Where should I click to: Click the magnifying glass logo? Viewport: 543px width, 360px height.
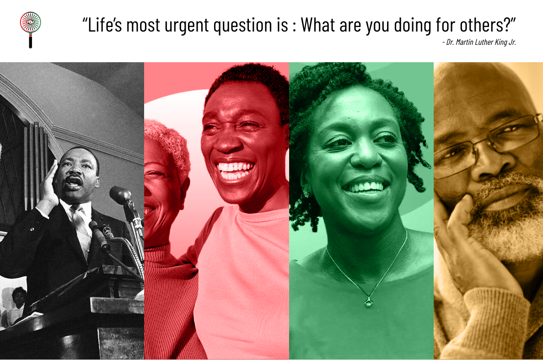point(31,29)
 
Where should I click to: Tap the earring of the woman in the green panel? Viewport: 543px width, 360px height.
point(306,193)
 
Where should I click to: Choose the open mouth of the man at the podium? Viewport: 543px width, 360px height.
point(73,183)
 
